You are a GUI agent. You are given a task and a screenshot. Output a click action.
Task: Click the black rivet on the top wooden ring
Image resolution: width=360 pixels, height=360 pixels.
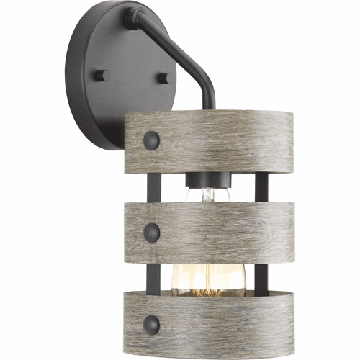pos(151,139)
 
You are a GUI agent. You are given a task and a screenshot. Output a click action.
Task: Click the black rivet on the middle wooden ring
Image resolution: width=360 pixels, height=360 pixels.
pos(151,231)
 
